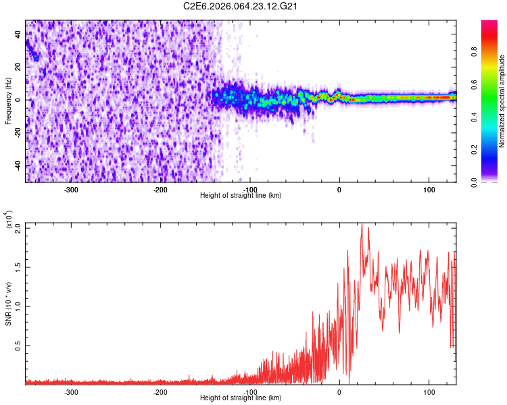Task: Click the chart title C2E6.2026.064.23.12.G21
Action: coord(241,6)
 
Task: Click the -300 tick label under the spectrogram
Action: coord(71,190)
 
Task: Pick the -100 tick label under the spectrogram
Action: coord(250,190)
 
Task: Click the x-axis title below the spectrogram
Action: coord(241,196)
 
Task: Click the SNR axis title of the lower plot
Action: coord(8,304)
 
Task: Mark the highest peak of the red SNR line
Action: coord(361,225)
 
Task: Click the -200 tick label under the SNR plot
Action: coord(160,392)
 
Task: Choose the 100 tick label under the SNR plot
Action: coord(429,392)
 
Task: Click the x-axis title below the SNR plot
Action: coord(241,398)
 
